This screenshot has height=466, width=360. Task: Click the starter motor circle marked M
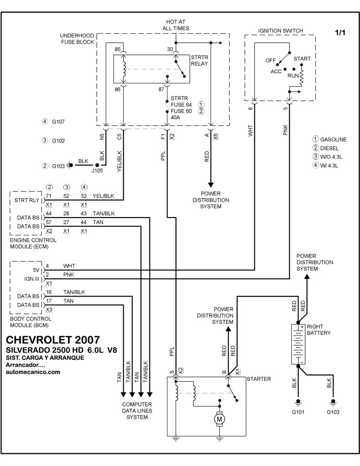220,419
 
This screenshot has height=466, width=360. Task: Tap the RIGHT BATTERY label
319,330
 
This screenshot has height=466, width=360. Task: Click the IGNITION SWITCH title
280,31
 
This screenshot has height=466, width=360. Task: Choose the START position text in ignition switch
302,59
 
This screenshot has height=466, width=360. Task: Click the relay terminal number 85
118,50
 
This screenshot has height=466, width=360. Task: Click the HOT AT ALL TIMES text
175,25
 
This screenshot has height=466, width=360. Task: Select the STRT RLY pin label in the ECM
27,200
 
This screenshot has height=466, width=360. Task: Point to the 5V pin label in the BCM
36,271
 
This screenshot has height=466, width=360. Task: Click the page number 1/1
341,33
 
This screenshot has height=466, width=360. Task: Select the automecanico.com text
33,372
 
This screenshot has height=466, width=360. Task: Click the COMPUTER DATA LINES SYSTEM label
137,411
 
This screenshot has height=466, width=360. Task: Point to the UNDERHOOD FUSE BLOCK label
76,39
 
